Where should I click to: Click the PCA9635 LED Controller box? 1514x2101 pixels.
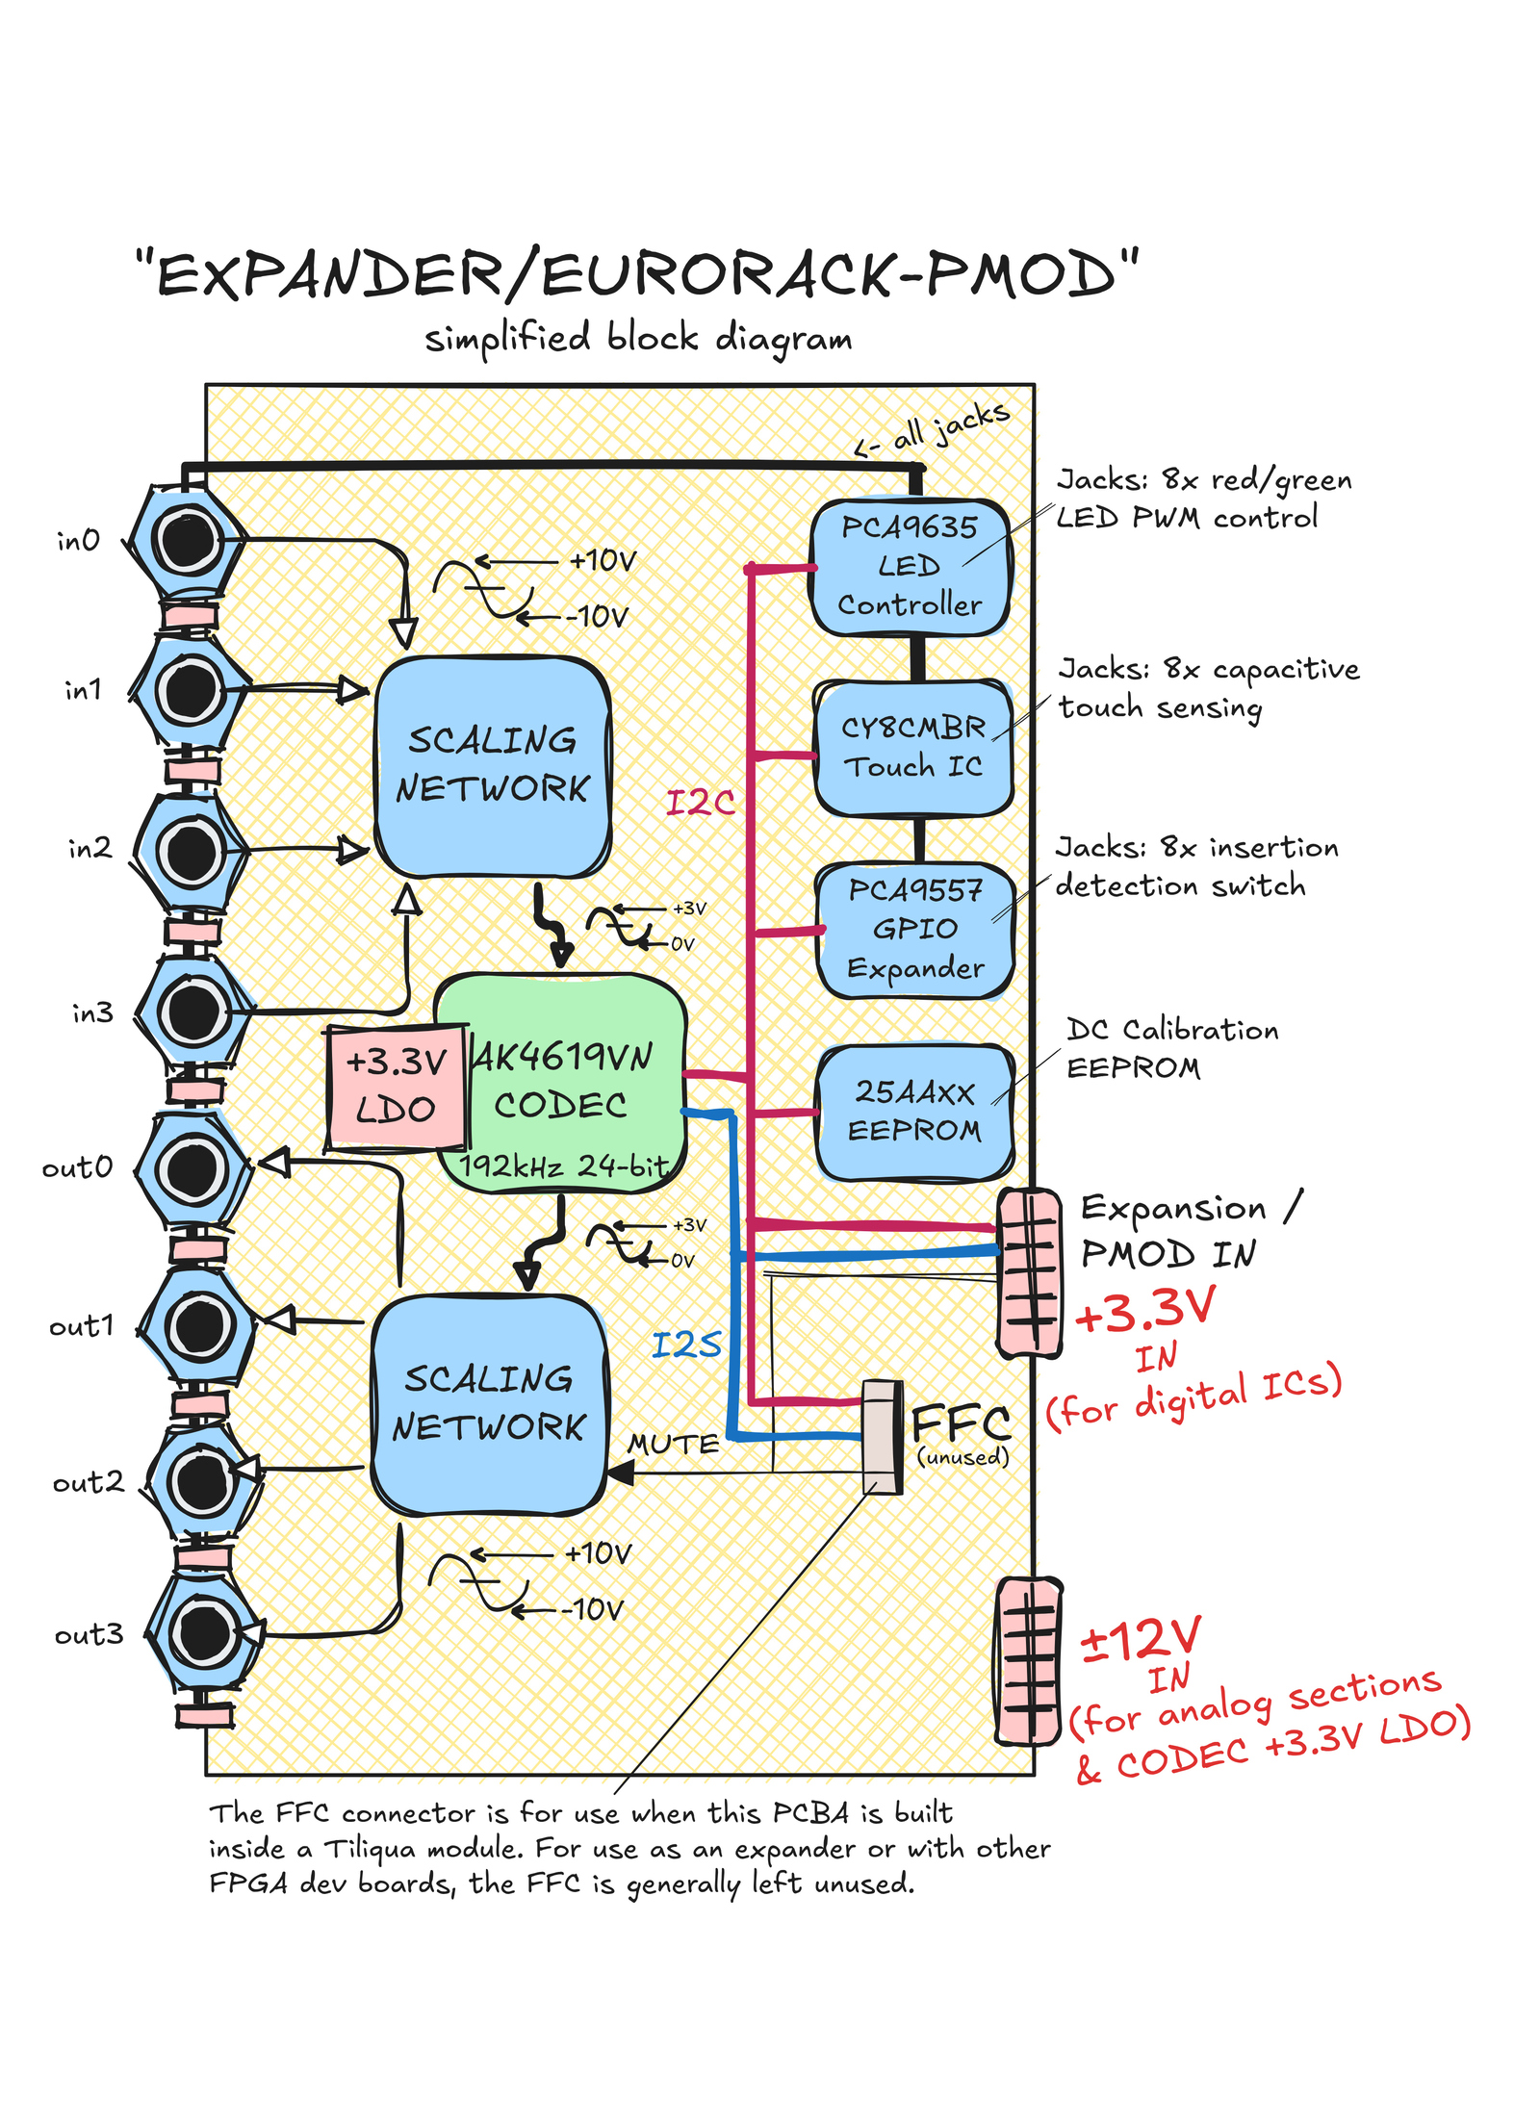pyautogui.click(x=911, y=566)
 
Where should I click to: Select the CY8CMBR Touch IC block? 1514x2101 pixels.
pyautogui.click(x=913, y=748)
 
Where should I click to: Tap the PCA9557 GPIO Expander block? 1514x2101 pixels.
pyautogui.click(x=914, y=930)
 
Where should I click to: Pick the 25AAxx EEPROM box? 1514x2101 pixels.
pyautogui.click(x=914, y=1112)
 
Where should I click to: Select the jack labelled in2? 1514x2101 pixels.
pyautogui.click(x=191, y=852)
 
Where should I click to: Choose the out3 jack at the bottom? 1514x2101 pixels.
pyautogui.click(x=204, y=1632)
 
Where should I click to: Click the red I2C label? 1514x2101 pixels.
pyautogui.click(x=701, y=802)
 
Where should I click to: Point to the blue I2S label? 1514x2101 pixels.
pyautogui.click(x=686, y=1345)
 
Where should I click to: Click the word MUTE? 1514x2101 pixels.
pyautogui.click(x=673, y=1445)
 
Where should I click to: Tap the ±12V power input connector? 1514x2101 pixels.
pyautogui.click(x=1029, y=1660)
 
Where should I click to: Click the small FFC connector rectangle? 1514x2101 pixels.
pyautogui.click(x=882, y=1437)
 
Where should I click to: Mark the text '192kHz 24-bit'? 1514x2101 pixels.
pyautogui.click(x=564, y=1166)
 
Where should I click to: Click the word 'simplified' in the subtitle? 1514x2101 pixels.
pyautogui.click(x=507, y=339)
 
